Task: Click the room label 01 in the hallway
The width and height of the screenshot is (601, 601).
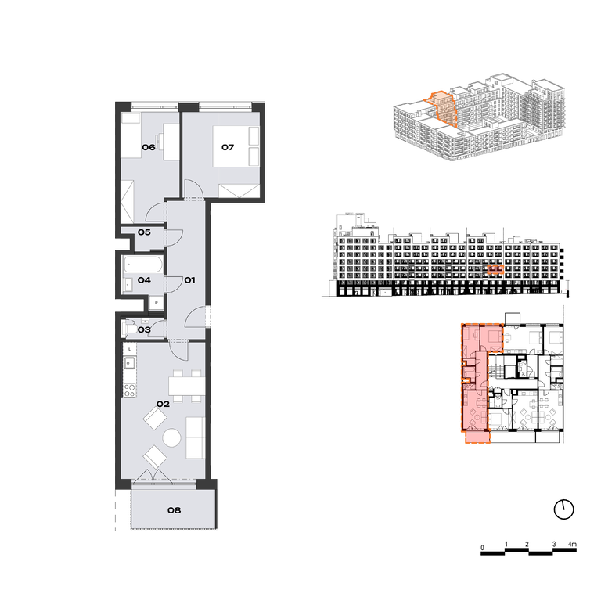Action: [189, 280]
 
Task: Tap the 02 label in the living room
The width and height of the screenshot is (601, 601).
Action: [163, 404]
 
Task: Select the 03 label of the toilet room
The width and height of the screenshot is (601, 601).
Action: [144, 329]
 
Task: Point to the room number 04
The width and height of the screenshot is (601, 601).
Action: [144, 280]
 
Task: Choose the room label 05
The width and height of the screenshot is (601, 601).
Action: [144, 232]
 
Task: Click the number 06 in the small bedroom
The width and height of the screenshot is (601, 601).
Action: [149, 147]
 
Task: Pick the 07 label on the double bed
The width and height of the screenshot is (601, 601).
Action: [228, 147]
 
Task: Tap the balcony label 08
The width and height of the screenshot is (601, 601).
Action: [174, 510]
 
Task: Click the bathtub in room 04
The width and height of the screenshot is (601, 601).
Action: [143, 265]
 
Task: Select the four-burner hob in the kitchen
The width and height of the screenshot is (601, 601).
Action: [130, 390]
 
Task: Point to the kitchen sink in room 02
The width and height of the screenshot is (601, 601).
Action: [129, 362]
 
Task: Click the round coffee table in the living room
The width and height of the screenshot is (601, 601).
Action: [171, 437]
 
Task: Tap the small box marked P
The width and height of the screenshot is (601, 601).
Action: [157, 303]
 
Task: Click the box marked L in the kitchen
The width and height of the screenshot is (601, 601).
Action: [130, 349]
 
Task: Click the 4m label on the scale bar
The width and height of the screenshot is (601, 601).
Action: [572, 544]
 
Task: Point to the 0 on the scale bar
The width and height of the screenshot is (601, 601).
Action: [482, 547]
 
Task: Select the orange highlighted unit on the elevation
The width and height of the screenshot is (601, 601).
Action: [495, 269]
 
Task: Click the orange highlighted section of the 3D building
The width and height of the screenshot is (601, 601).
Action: [442, 109]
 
